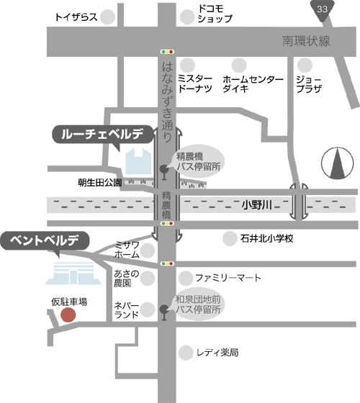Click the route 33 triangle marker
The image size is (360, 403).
point(322,10)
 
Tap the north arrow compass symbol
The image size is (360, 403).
point(337,163)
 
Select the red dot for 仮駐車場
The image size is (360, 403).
point(68,314)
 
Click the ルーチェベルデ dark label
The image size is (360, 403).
point(103,135)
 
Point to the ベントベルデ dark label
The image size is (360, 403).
point(45,241)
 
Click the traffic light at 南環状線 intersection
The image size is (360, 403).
point(167,52)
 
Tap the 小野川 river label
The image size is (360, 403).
point(256,205)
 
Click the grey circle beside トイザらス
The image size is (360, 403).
point(107,17)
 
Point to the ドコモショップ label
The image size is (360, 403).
point(215,14)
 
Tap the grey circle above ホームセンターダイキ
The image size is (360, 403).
point(239,65)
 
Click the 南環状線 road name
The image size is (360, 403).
point(306,41)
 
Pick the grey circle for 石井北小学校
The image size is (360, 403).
point(230,238)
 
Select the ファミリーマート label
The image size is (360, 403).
point(228,278)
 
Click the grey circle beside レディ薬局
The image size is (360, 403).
point(186,353)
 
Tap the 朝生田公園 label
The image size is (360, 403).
point(100,183)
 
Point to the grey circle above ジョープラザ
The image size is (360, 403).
point(305,65)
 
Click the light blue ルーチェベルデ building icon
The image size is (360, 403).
point(138,161)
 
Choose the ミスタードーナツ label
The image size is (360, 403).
point(195,83)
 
